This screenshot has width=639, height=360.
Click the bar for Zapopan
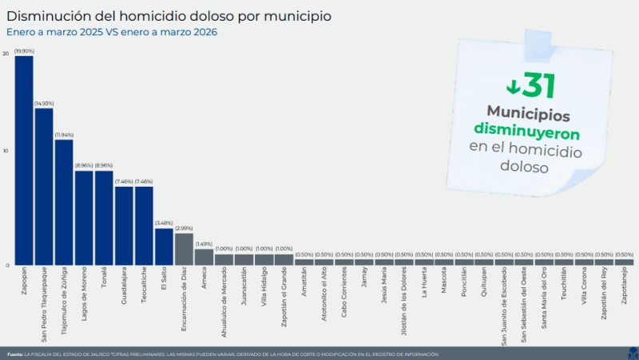tap(24, 160)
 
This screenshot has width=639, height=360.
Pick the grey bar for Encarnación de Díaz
tap(184, 249)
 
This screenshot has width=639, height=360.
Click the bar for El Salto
tap(164, 247)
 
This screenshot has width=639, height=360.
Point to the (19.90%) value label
tap(24, 50)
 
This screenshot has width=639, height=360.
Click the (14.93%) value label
tap(44, 103)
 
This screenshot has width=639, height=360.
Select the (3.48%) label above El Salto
tap(164, 223)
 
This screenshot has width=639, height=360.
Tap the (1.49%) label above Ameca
tap(204, 244)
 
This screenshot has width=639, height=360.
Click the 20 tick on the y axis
tap(6, 53)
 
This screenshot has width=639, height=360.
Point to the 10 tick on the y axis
tap(6, 152)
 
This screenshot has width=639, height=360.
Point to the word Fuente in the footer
tap(14, 354)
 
